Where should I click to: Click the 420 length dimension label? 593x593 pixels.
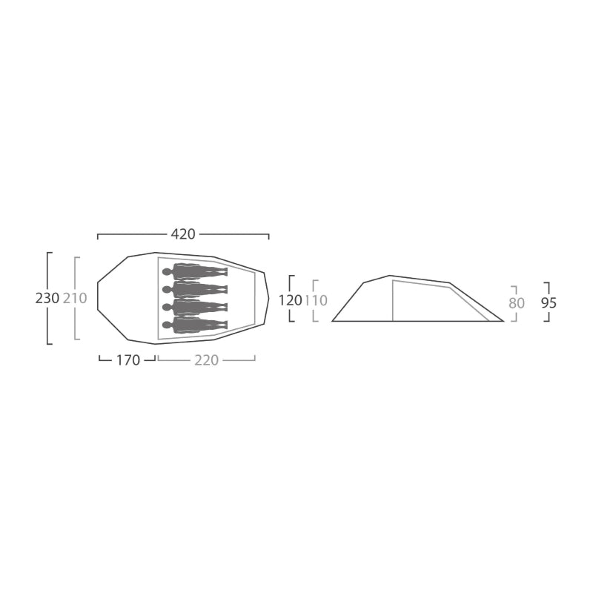click(183, 234)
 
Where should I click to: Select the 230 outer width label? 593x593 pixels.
click(47, 299)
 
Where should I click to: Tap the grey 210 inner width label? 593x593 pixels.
click(75, 299)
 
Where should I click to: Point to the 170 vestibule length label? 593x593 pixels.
click(127, 360)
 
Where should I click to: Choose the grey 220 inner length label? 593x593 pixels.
click(207, 360)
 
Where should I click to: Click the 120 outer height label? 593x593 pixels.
click(290, 300)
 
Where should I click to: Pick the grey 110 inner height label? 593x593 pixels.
click(316, 300)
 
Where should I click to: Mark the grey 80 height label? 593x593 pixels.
click(517, 303)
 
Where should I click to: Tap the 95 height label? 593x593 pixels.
click(549, 303)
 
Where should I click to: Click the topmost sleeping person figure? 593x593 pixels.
click(195, 271)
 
